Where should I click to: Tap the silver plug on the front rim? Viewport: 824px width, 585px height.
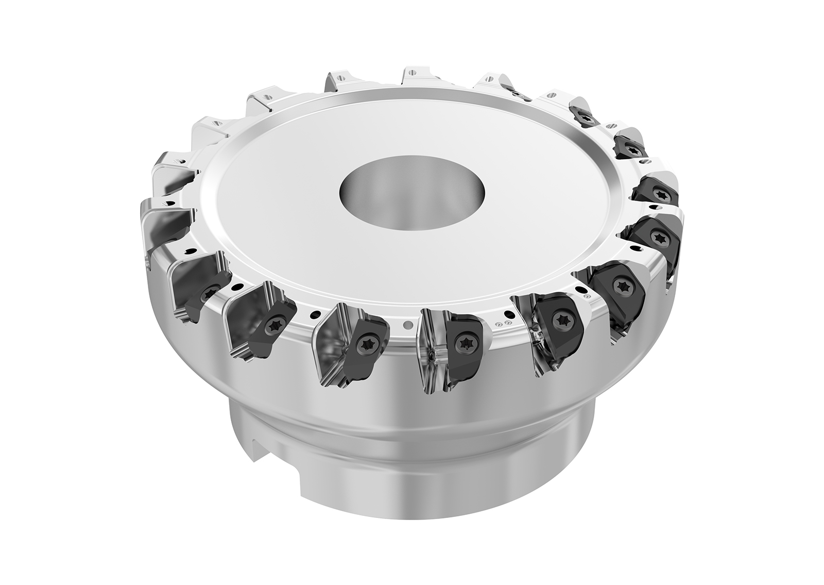coord(408,325)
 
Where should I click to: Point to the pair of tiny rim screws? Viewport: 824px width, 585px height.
coord(504,323)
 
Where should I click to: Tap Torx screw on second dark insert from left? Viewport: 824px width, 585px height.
coord(275,325)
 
